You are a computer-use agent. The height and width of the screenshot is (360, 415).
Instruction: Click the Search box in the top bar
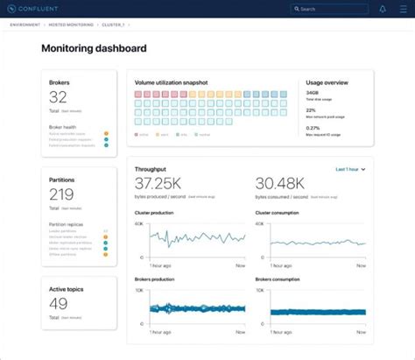tap(328, 9)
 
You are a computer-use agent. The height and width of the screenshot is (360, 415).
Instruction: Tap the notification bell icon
tap(382, 9)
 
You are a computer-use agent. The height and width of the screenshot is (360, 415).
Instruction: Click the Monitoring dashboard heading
tap(94, 49)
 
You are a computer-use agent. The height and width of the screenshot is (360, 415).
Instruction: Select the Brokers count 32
tap(58, 97)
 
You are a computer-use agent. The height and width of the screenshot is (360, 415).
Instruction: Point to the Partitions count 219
tap(61, 194)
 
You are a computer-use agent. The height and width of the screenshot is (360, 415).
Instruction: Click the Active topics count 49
tap(58, 303)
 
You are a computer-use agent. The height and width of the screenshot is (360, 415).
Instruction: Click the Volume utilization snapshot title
tap(172, 82)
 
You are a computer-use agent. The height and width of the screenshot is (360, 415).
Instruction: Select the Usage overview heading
tap(327, 82)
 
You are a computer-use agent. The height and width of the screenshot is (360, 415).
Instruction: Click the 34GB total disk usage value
tap(313, 92)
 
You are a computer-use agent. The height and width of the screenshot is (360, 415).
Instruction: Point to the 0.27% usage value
tap(313, 128)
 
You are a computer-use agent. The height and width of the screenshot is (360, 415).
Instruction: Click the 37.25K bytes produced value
tap(159, 183)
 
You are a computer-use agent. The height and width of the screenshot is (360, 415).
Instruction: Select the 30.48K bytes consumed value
tap(279, 183)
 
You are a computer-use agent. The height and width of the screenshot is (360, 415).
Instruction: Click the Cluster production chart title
tap(154, 213)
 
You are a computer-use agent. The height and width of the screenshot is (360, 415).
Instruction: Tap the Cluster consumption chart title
tap(276, 213)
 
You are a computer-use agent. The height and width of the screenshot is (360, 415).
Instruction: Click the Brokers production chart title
tap(154, 279)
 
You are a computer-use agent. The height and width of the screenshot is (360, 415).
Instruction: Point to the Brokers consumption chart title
tap(276, 279)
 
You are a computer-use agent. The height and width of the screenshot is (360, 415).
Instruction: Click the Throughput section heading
tap(151, 168)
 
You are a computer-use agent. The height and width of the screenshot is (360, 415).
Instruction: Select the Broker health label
tap(62, 127)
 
